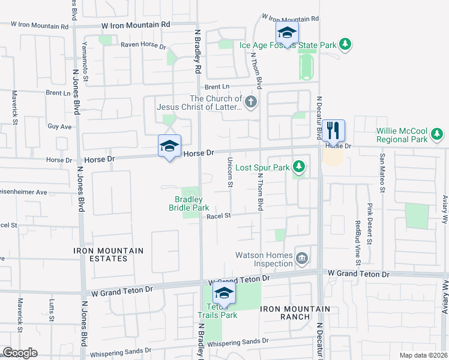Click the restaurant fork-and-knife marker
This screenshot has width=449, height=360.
333,130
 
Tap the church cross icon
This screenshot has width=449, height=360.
251,103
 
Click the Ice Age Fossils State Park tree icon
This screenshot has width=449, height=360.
345,44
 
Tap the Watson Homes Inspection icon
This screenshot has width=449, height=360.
302,259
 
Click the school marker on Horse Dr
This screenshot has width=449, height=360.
169,146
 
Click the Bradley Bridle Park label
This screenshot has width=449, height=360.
188,203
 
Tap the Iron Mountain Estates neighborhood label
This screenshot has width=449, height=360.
109,254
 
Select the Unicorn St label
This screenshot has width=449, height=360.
231,172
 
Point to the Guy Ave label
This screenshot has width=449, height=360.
59,127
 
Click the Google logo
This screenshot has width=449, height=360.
20,353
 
